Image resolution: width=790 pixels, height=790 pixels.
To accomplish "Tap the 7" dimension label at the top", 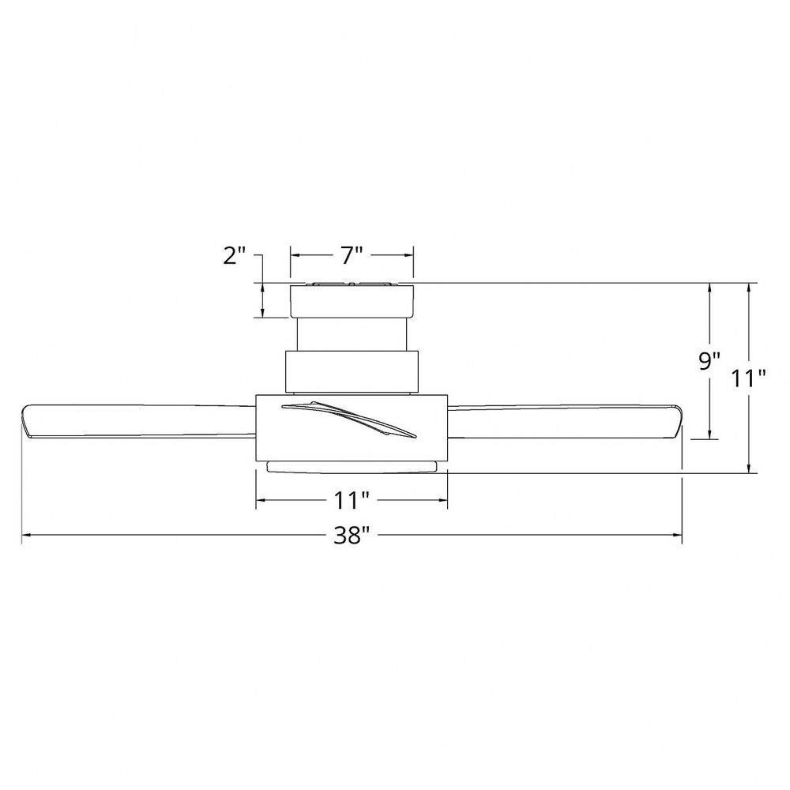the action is [352, 255].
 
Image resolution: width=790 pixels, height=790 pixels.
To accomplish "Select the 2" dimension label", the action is [234, 256].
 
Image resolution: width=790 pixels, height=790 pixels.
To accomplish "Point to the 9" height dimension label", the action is [709, 361].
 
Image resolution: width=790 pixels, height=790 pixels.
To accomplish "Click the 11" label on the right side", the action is [749, 378].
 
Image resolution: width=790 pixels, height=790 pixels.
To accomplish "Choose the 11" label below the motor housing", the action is [352, 500].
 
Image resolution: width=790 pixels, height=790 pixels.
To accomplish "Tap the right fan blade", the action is [565, 421].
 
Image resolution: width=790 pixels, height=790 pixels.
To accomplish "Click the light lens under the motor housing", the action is [352, 467].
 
